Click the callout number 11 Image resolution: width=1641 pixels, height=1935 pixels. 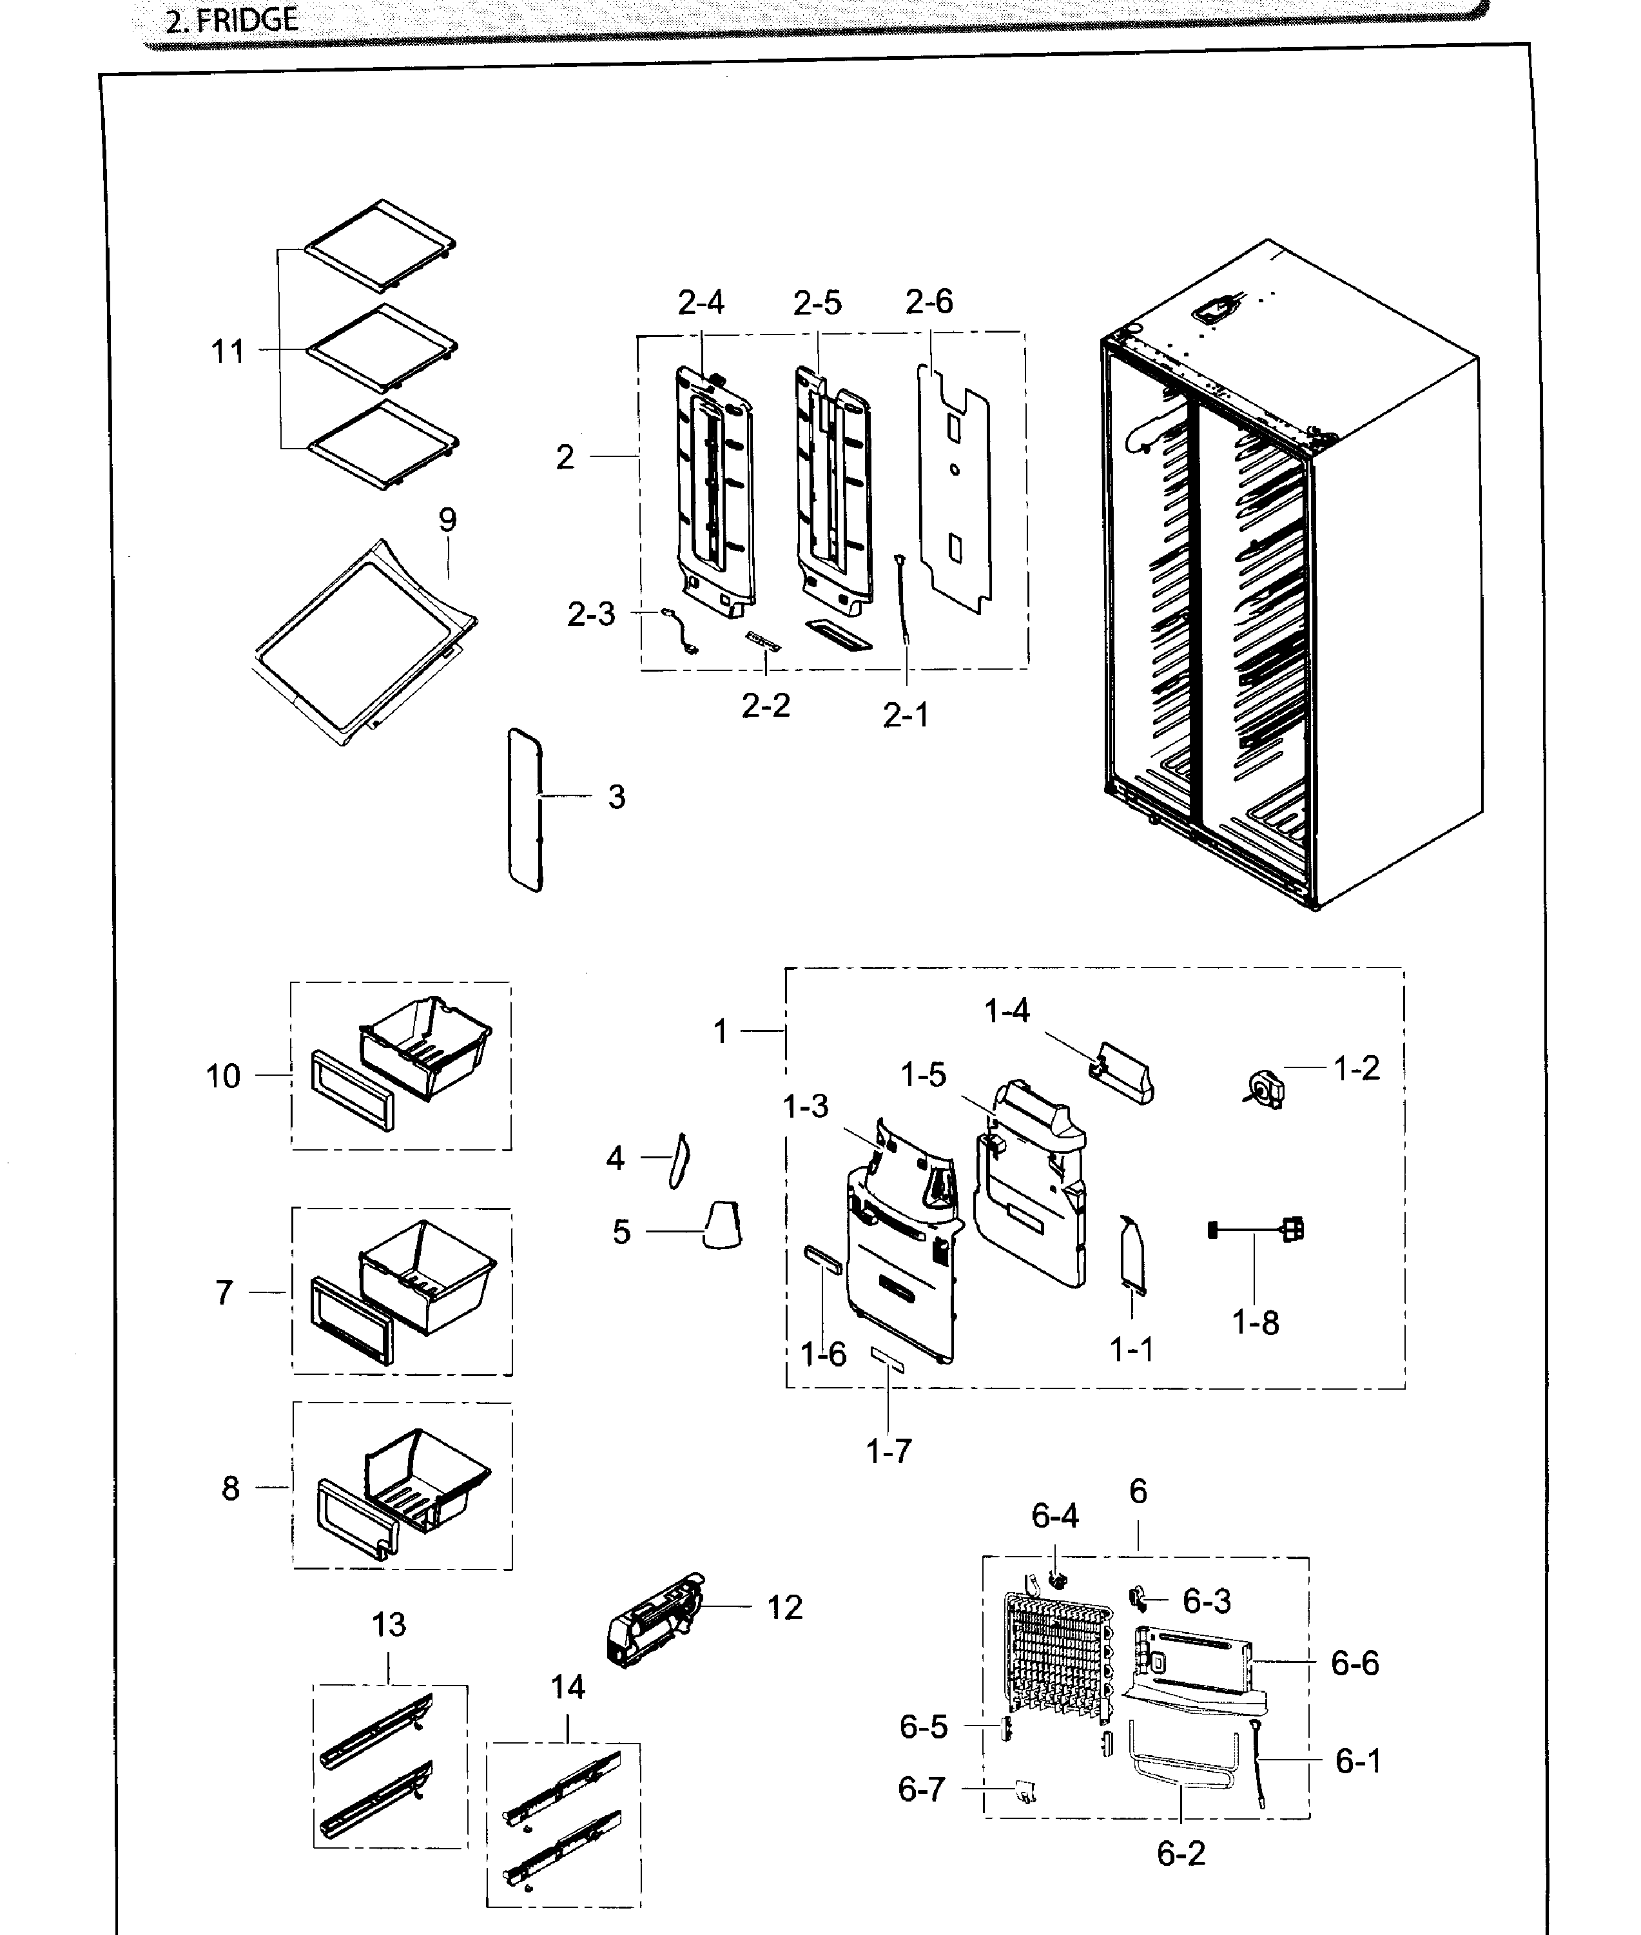(x=228, y=352)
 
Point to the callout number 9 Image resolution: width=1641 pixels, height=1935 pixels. (x=447, y=519)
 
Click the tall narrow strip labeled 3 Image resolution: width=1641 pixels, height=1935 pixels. (x=525, y=810)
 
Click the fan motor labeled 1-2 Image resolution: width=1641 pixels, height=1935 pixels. (x=1263, y=1087)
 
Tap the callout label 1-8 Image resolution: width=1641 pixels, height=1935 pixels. (x=1255, y=1322)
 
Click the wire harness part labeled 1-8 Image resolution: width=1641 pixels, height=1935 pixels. (x=1256, y=1230)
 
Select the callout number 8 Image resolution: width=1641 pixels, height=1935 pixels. (x=231, y=1488)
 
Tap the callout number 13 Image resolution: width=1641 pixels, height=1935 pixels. (x=389, y=1624)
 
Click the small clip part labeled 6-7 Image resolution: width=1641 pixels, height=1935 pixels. (x=1026, y=1791)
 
